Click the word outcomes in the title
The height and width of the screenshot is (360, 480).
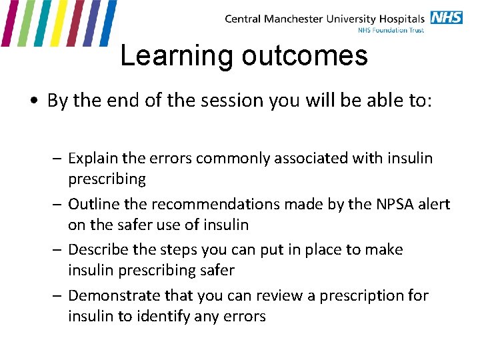tap(305, 56)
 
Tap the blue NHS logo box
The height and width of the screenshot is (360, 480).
tap(446, 17)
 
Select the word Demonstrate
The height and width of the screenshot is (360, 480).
tap(111, 295)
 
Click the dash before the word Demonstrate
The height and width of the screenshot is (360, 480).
tap(59, 295)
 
